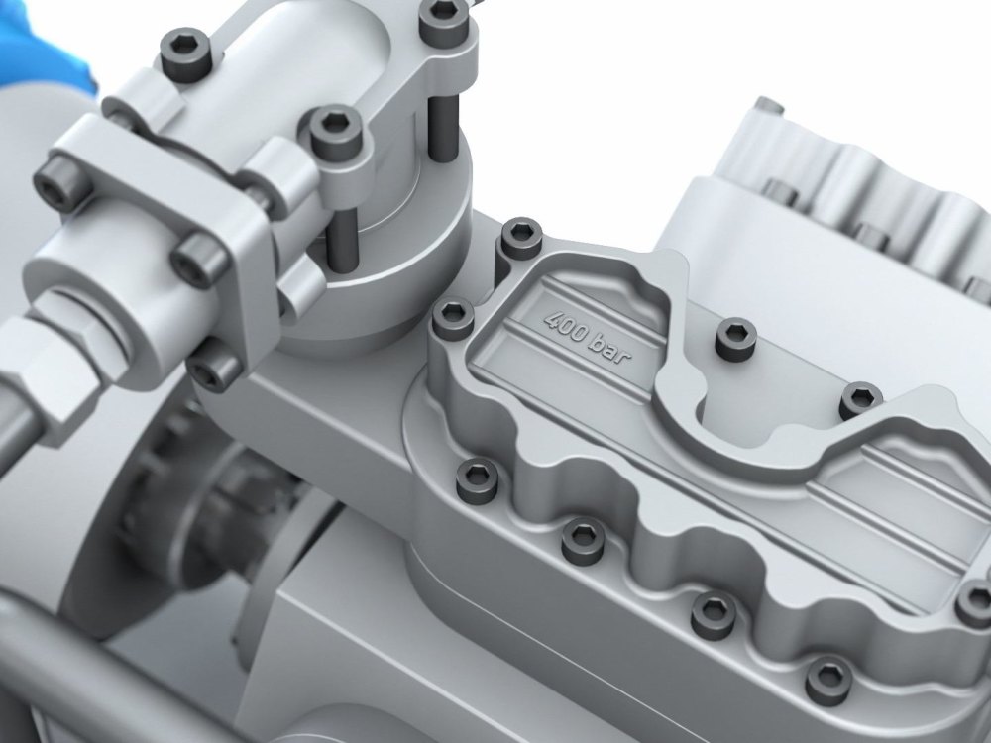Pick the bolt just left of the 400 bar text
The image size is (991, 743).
point(453,318)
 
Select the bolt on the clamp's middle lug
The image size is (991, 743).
point(336,133)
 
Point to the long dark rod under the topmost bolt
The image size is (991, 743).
point(442,130)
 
